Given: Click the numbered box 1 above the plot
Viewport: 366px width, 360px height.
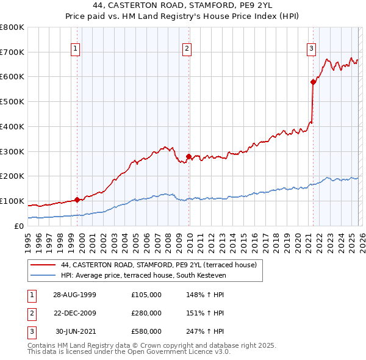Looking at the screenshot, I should (75, 49).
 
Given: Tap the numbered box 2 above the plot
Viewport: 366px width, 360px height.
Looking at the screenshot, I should (187, 49).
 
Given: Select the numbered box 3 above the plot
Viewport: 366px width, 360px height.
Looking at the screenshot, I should (311, 49).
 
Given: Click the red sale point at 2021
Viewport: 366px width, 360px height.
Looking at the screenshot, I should (313, 81).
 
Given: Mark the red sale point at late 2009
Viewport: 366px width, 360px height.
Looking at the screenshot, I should (188, 156).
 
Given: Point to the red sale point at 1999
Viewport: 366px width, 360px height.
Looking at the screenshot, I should (77, 200).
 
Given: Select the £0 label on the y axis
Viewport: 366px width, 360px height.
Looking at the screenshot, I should (19, 226).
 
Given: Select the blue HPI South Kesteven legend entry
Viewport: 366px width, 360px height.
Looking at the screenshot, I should (143, 275).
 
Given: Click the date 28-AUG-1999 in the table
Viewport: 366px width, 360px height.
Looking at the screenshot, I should (74, 295).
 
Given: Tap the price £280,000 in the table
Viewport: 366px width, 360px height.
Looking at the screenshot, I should (146, 313).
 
